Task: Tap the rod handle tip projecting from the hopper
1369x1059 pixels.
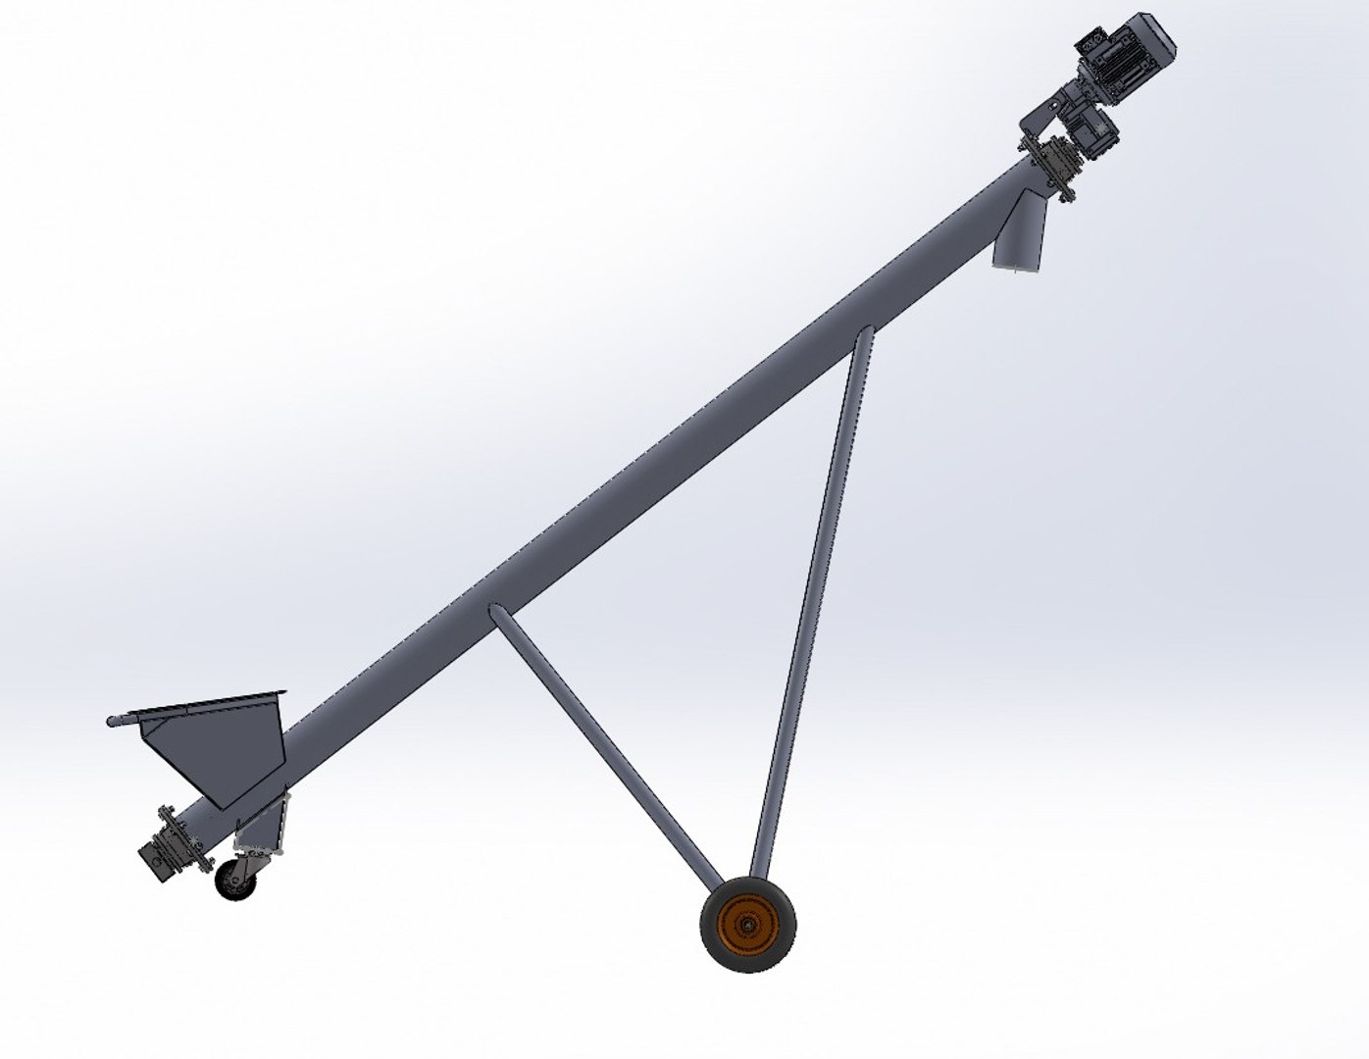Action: click(x=113, y=723)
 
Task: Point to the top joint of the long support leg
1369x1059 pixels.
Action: click(x=864, y=338)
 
